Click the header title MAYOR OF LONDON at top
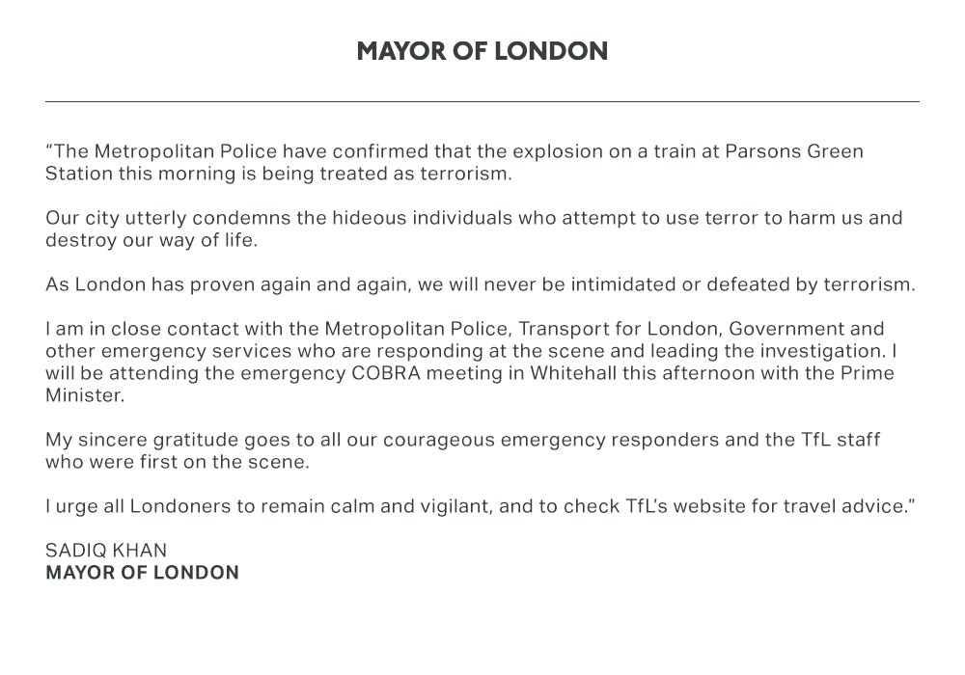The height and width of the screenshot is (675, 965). [482, 51]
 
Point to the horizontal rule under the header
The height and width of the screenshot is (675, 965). [482, 101]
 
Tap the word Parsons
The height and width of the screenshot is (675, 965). [747, 152]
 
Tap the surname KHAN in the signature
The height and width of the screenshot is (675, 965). [140, 551]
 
